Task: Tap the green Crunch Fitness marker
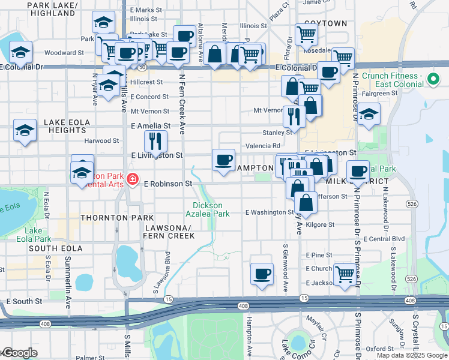[432, 80]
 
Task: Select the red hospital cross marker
[132, 179]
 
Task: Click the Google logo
[19, 353]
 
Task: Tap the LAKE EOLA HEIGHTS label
[66, 127]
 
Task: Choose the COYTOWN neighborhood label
[326, 23]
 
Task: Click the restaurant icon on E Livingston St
[155, 142]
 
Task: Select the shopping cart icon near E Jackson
[345, 274]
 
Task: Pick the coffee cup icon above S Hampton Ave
[261, 274]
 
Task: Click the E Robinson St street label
[167, 184]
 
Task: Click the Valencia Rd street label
[263, 146]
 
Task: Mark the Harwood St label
[101, 141]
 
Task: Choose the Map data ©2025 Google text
[412, 355]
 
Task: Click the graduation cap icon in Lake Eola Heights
[24, 130]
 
